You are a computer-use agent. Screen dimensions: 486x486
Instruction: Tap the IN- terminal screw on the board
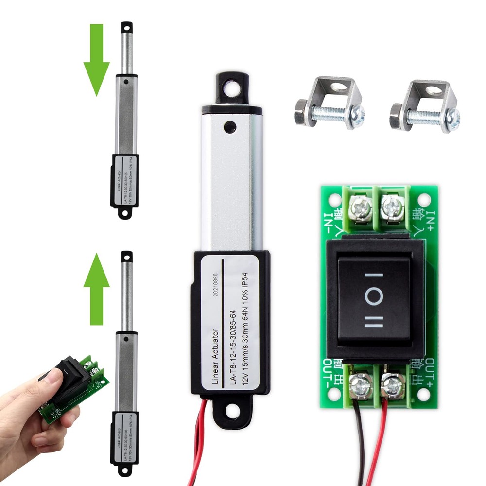(360, 208)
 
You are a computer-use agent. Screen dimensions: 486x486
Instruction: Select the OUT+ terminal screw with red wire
(391, 385)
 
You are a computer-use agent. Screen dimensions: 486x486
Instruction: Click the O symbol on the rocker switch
(374, 296)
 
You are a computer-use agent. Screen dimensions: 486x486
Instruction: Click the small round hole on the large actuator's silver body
(229, 127)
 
